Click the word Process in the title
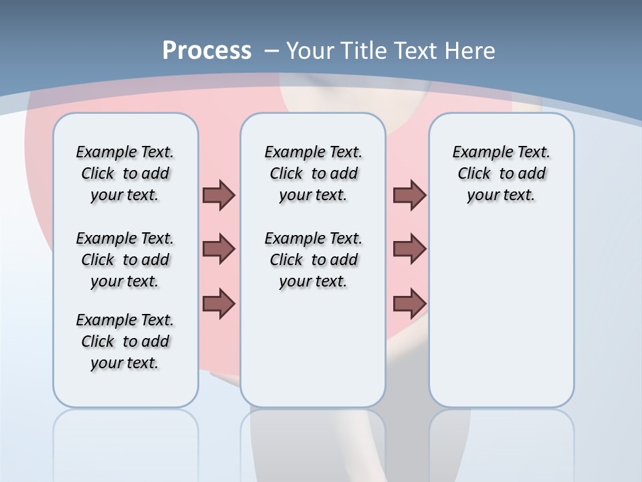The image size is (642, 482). click(207, 50)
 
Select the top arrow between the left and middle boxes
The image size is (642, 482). click(219, 195)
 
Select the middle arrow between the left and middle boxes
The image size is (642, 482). click(219, 249)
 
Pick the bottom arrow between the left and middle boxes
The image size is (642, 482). click(219, 303)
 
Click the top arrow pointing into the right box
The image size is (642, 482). click(409, 195)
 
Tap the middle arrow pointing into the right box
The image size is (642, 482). click(409, 249)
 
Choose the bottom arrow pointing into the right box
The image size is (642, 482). click(409, 303)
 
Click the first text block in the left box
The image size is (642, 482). click(125, 173)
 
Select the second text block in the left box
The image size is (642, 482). click(125, 260)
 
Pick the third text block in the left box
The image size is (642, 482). click(125, 341)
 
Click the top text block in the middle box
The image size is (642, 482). click(313, 173)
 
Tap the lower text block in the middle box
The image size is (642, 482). click(313, 260)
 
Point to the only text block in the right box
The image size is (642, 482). click(501, 173)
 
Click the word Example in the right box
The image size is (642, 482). click(476, 152)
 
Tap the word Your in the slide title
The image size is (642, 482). click(311, 50)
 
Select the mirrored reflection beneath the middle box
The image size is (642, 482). click(313, 442)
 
